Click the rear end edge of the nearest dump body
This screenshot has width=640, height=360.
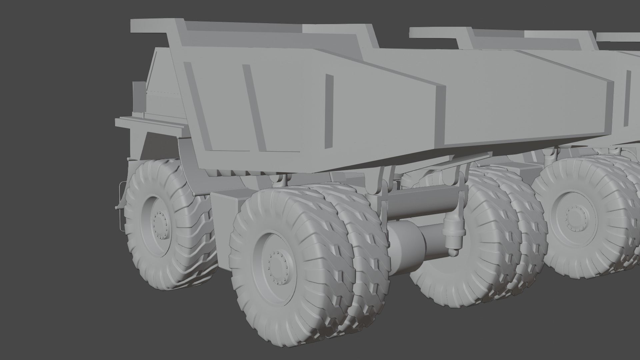(x=440, y=117)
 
